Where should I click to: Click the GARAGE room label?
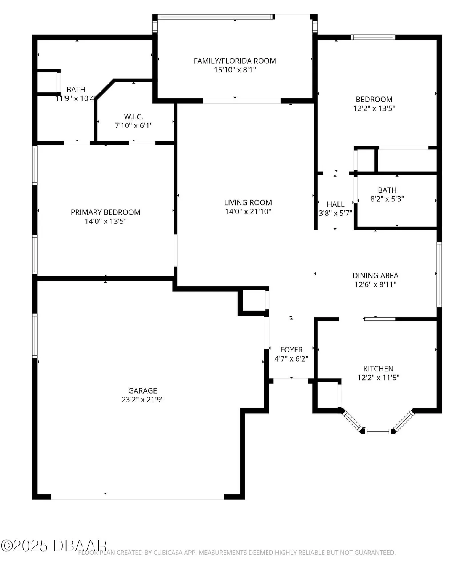pyautogui.click(x=142, y=390)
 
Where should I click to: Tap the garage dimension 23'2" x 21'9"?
pyautogui.click(x=142, y=400)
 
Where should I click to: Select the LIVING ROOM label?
pyautogui.click(x=248, y=202)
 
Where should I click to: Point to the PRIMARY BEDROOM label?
pyautogui.click(x=105, y=212)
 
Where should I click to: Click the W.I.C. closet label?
pyautogui.click(x=133, y=117)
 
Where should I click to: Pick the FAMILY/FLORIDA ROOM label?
pyautogui.click(x=235, y=61)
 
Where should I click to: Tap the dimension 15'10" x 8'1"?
pyautogui.click(x=235, y=70)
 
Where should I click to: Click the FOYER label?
pyautogui.click(x=291, y=350)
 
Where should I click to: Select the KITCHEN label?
pyautogui.click(x=378, y=369)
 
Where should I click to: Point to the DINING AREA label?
pyautogui.click(x=375, y=275)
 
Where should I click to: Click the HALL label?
pyautogui.click(x=335, y=204)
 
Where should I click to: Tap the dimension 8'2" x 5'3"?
pyautogui.click(x=387, y=199)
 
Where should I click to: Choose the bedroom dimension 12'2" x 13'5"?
pyautogui.click(x=374, y=108)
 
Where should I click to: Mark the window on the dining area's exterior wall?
pyautogui.click(x=439, y=275)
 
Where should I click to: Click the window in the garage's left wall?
pyautogui.click(x=35, y=335)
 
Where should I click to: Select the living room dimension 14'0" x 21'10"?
pyautogui.click(x=248, y=212)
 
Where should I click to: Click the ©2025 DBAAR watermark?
pyautogui.click(x=53, y=546)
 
